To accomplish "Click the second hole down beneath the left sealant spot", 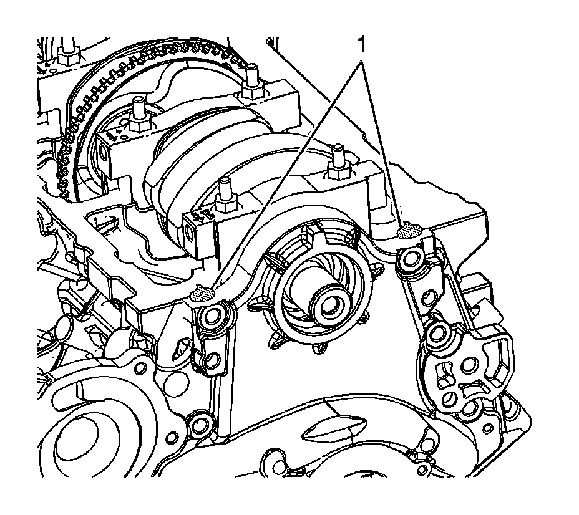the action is [211, 360].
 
